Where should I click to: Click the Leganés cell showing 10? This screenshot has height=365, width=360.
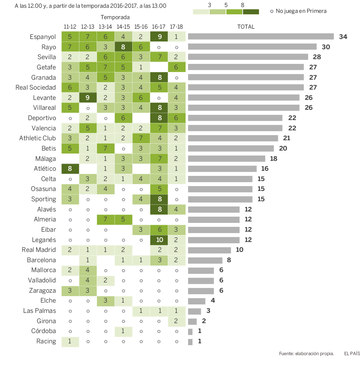pyautogui.click(x=159, y=240)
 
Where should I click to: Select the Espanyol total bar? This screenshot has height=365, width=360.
pyautogui.click(x=261, y=37)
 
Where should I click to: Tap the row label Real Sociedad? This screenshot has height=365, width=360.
pyautogui.click(x=36, y=87)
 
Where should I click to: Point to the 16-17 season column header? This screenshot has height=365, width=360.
pyautogui.click(x=159, y=27)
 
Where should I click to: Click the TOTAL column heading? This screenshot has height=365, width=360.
pyautogui.click(x=246, y=27)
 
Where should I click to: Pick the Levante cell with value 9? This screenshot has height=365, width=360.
pyautogui.click(x=88, y=98)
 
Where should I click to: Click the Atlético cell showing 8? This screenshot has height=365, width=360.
pyautogui.click(x=70, y=169)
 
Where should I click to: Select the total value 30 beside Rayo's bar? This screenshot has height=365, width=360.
pyautogui.click(x=326, y=47)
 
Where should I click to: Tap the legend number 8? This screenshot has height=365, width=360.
pyautogui.click(x=242, y=5)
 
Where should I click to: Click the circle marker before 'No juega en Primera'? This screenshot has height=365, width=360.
pyautogui.click(x=271, y=11)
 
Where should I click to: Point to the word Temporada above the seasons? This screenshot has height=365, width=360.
pyautogui.click(x=115, y=17)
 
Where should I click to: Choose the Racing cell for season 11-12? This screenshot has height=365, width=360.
pyautogui.click(x=70, y=341)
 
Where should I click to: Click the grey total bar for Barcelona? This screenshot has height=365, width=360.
pyautogui.click(x=205, y=260)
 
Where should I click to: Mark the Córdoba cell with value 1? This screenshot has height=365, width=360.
pyautogui.click(x=123, y=331)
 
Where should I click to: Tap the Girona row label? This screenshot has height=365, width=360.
pyautogui.click(x=47, y=321)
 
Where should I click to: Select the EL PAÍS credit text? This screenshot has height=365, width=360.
pyautogui.click(x=352, y=354)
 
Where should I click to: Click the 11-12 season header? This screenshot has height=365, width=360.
pyautogui.click(x=70, y=27)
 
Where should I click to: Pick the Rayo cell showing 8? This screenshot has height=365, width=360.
pyautogui.click(x=123, y=47)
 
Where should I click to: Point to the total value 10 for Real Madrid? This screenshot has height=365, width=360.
pyautogui.click(x=240, y=250)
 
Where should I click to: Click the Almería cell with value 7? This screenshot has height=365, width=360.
pyautogui.click(x=106, y=219)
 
